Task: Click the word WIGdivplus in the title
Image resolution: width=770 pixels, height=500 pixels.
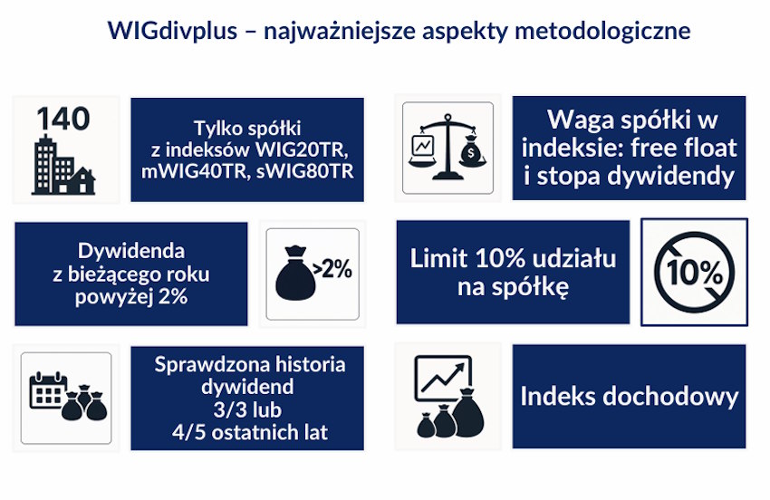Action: click(x=172, y=31)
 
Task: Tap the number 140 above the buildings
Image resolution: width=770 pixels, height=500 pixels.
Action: click(x=63, y=119)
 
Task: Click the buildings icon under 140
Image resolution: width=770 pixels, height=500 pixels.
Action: click(x=63, y=165)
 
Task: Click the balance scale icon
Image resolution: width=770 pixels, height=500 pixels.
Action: click(x=448, y=148)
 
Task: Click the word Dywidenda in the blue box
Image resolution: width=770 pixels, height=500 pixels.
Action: click(x=131, y=251)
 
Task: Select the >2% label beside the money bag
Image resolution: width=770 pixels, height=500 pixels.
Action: click(x=332, y=269)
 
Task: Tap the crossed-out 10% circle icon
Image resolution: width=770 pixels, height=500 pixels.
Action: click(x=695, y=272)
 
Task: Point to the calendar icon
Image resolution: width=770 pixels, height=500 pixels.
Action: click(x=48, y=390)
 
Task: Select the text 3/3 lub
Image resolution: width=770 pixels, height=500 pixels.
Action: click(x=247, y=409)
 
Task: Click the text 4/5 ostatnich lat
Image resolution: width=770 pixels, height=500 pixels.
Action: click(x=250, y=432)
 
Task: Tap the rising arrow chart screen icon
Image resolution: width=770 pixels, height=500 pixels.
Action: click(x=443, y=379)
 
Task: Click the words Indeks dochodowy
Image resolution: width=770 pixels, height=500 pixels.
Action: click(x=629, y=396)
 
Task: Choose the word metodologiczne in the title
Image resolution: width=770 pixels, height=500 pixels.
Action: click(x=602, y=32)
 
